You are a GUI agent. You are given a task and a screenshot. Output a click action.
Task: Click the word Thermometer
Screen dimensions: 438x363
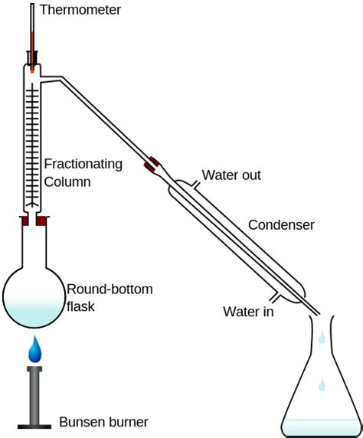[80, 10]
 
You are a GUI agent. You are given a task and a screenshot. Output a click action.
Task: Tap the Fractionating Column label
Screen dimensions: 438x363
[83, 172]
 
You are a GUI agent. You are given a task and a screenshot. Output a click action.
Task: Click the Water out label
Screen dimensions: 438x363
[231, 175]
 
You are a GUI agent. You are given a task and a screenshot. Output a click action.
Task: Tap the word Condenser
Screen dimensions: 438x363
[281, 225]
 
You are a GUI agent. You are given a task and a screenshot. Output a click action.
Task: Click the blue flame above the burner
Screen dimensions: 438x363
[35, 350]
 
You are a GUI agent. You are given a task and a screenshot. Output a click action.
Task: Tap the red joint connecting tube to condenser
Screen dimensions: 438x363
[151, 164]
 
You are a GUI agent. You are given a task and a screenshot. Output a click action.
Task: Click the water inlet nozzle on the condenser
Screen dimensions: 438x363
[276, 296]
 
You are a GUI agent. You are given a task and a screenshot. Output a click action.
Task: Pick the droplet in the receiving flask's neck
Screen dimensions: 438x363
[322, 336]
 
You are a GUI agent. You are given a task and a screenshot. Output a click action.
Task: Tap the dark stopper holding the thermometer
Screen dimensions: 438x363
[33, 57]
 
